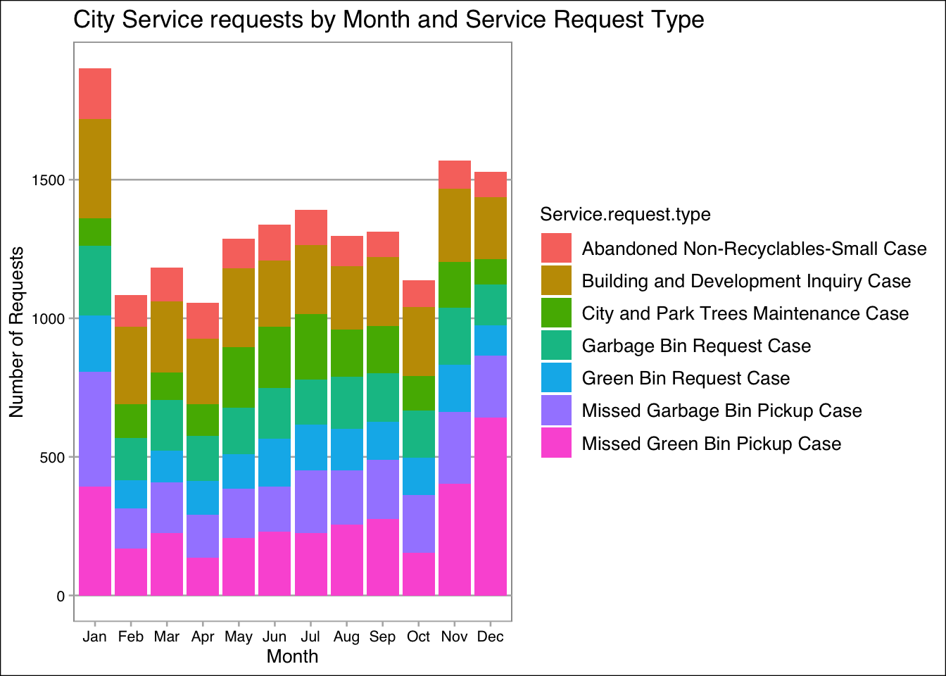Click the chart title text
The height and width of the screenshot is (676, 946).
tap(389, 20)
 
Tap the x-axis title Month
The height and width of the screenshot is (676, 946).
tap(292, 656)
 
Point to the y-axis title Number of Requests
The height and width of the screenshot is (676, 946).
tap(17, 332)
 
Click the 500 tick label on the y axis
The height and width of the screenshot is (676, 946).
tap(53, 458)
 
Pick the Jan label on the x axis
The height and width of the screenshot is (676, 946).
tap(94, 637)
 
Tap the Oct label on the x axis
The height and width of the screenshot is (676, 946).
tap(418, 637)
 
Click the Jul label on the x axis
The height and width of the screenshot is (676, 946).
tap(310, 637)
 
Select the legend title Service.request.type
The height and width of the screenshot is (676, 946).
tap(625, 214)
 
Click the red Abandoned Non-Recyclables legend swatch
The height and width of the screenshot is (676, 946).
tap(556, 249)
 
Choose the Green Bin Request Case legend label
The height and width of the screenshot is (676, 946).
tap(686, 378)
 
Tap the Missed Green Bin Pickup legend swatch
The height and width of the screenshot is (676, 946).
tap(556, 444)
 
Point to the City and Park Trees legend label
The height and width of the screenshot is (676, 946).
tap(745, 313)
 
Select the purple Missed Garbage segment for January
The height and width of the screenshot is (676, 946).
tap(95, 429)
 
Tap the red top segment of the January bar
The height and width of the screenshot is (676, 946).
tap(95, 94)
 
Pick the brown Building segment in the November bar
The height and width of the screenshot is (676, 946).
tap(455, 225)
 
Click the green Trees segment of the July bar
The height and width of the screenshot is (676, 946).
tap(311, 346)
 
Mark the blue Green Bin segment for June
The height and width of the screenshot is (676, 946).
tap(275, 463)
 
